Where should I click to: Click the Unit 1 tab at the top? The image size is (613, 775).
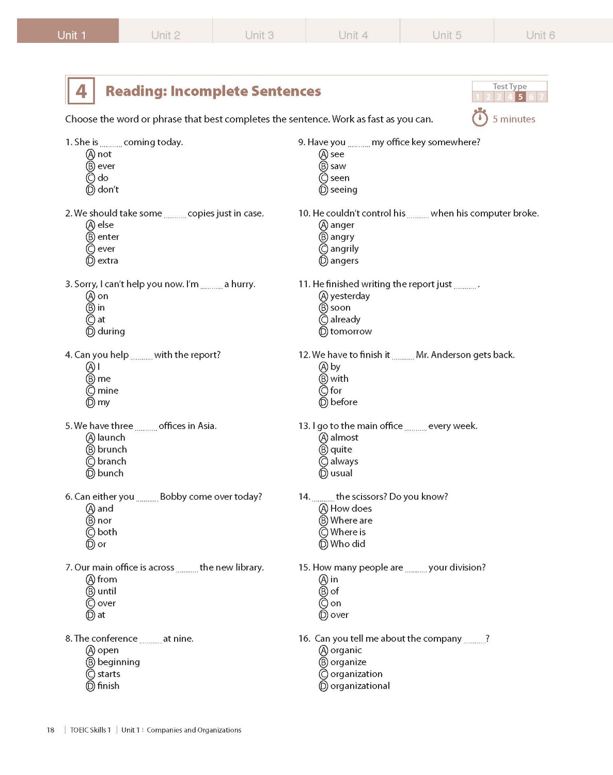[x=71, y=35]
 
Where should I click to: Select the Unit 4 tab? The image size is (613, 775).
[x=353, y=35]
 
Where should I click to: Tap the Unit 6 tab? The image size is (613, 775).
[x=540, y=35]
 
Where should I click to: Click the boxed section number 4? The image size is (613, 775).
[x=81, y=91]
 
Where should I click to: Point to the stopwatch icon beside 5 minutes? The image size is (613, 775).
[x=480, y=118]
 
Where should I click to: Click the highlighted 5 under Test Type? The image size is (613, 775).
[x=521, y=97]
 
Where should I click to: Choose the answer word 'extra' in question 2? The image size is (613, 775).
[x=107, y=260]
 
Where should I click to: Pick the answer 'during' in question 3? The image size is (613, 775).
[x=111, y=331]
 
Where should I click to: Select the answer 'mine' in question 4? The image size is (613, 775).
[x=108, y=390]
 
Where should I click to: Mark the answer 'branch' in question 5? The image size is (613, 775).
[x=112, y=461]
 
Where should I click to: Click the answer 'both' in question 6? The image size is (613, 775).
[x=107, y=532]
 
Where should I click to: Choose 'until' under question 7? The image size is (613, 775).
[x=106, y=591]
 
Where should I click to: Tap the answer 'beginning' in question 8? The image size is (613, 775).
[x=118, y=662]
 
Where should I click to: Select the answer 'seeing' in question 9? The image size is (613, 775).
[x=343, y=190]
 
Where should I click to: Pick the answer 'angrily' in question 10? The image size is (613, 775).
[x=344, y=249]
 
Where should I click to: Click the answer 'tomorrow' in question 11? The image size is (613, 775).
[x=351, y=331]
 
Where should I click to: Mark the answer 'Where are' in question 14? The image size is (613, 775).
[x=351, y=520]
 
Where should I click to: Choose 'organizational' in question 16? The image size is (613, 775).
[x=360, y=686]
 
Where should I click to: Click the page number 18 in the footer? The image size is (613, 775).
[x=51, y=730]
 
